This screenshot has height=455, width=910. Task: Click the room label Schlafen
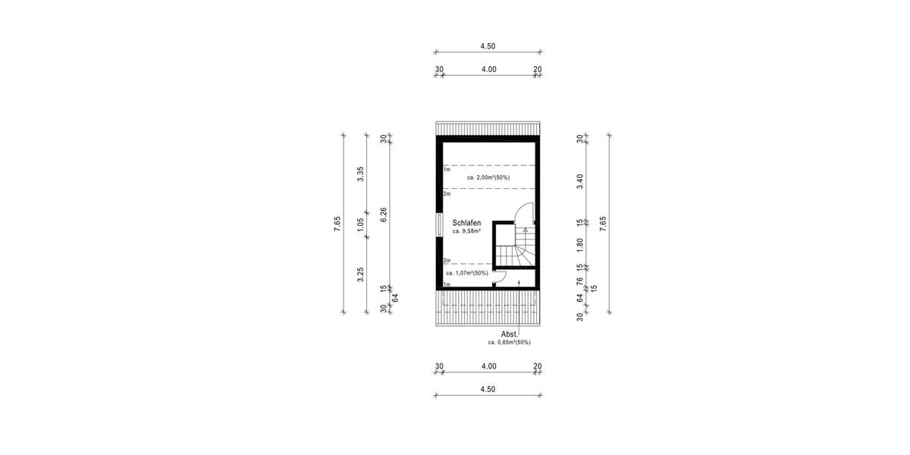click(466, 223)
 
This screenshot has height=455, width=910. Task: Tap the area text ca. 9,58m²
click(466, 231)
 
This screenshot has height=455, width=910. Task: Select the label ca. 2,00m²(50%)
click(488, 177)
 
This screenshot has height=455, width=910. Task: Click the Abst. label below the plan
click(510, 334)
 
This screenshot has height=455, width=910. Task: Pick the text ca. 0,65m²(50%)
click(509, 342)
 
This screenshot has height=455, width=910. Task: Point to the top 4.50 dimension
click(488, 46)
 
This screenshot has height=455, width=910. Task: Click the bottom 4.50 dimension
click(488, 389)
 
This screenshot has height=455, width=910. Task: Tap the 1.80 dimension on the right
click(579, 245)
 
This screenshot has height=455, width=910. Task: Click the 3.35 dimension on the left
click(361, 174)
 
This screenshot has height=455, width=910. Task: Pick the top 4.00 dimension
click(488, 69)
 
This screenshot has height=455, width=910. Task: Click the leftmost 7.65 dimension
click(337, 224)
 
